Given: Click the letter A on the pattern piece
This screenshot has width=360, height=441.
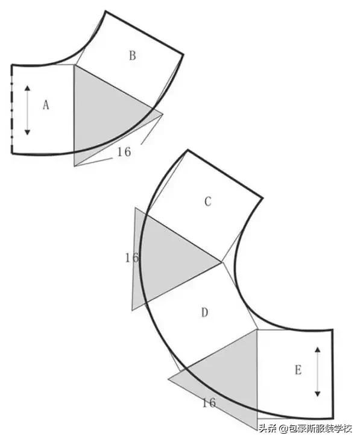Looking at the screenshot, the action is point(46,105).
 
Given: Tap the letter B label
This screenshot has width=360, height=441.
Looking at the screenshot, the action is point(133,56).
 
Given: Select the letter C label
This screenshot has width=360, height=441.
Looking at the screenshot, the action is point(207,201).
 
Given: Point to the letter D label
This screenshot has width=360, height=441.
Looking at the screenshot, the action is point(205,313).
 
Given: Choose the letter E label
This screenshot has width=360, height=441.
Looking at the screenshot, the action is point(298,370).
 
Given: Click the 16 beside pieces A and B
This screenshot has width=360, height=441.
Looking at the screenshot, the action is point(124,152).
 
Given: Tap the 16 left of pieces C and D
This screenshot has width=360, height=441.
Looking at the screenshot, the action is point(132,258).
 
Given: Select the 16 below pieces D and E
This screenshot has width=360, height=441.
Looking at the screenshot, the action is point(209,403).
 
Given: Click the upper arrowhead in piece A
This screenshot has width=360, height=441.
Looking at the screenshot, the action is point(27,88).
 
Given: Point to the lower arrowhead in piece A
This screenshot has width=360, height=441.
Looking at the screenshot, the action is point(27,132).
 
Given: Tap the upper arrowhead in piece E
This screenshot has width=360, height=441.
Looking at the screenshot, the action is point(318,349).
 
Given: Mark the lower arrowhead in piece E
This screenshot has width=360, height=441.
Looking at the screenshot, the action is point(318,394).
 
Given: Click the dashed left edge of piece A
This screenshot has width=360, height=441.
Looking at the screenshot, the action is point(12,110).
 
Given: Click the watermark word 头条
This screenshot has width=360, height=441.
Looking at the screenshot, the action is point(267,428).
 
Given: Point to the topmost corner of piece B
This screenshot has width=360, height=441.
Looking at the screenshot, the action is point(106,11).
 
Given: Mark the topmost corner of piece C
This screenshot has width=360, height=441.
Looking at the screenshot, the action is point(188,150).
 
